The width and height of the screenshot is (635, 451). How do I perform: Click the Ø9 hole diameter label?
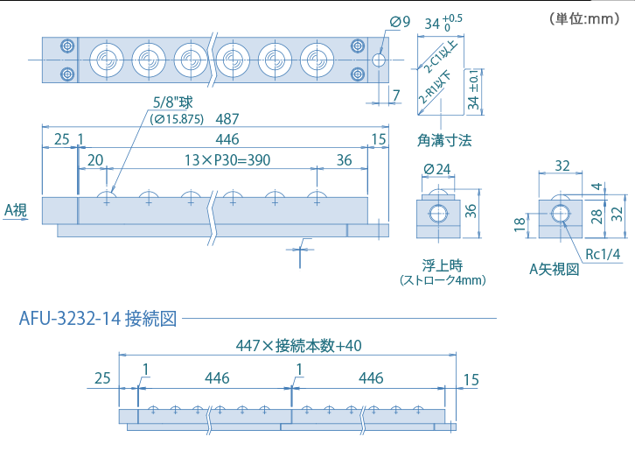[400, 21]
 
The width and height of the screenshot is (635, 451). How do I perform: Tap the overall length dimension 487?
[227, 119]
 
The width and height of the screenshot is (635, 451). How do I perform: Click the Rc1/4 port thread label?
[602, 254]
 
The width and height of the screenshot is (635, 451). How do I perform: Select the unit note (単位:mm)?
[583, 18]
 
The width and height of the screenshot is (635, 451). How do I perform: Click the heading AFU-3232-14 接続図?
[98, 318]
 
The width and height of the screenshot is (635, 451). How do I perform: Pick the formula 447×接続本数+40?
[299, 346]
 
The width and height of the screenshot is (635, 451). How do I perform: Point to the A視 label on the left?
[17, 209]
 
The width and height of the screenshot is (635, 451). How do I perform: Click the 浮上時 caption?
[442, 264]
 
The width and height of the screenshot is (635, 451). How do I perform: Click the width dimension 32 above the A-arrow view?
[562, 166]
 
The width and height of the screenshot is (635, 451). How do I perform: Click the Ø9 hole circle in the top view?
[378, 60]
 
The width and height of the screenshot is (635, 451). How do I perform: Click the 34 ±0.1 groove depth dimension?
[473, 90]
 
